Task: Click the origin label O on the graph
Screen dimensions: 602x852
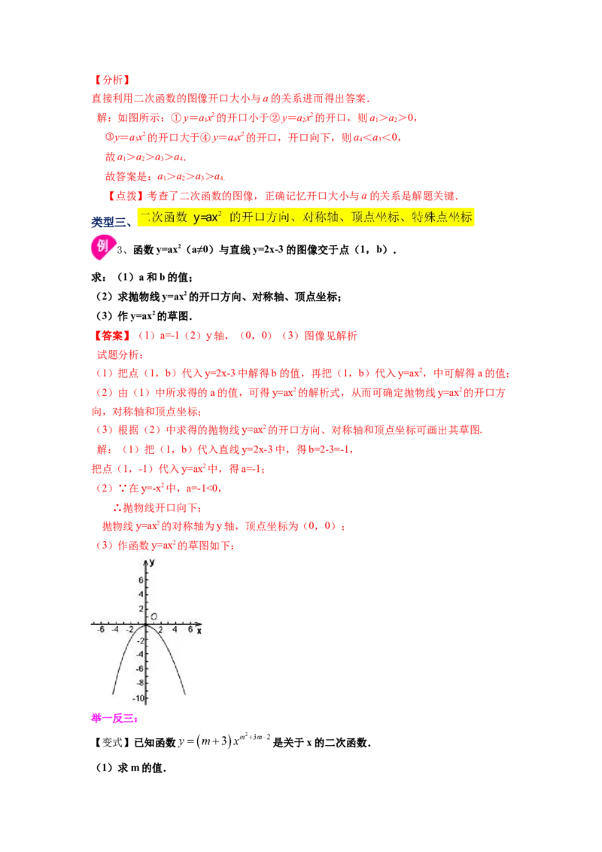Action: point(154,617)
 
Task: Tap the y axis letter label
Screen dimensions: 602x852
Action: point(152,562)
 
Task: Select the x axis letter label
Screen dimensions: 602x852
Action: point(199,631)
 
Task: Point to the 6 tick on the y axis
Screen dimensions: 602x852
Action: point(139,580)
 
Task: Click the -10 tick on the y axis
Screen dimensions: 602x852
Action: point(138,698)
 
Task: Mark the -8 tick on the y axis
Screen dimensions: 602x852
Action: point(138,683)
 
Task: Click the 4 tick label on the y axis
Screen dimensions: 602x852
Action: point(139,595)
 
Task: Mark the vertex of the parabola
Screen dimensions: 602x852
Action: point(146,625)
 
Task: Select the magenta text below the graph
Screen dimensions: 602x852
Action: point(114,718)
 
